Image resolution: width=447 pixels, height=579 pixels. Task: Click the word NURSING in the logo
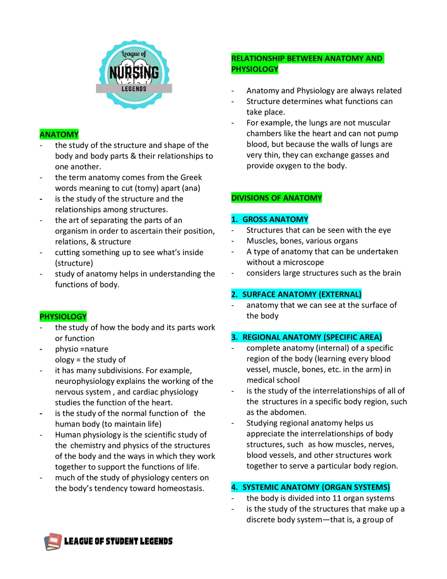point(134,73)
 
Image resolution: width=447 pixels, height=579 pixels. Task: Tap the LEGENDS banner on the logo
point(134,89)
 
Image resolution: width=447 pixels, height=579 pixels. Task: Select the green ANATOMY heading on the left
point(59,135)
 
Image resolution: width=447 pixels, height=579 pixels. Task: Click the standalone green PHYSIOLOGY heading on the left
point(63,317)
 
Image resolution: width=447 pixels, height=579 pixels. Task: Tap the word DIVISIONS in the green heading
point(250,198)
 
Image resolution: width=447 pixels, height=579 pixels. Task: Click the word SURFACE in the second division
point(260,295)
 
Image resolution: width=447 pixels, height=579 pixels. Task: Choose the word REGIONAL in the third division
point(261,337)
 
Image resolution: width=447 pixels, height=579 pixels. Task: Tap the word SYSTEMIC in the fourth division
point(261,487)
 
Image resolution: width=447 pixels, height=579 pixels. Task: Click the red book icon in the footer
point(53,541)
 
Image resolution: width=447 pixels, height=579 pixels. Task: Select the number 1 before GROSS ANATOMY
point(234,220)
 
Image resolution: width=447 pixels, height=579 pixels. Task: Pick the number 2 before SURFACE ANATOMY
point(234,295)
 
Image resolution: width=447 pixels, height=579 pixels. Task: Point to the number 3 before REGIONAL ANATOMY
point(234,337)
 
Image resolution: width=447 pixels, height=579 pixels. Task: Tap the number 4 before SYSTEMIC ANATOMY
point(234,487)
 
